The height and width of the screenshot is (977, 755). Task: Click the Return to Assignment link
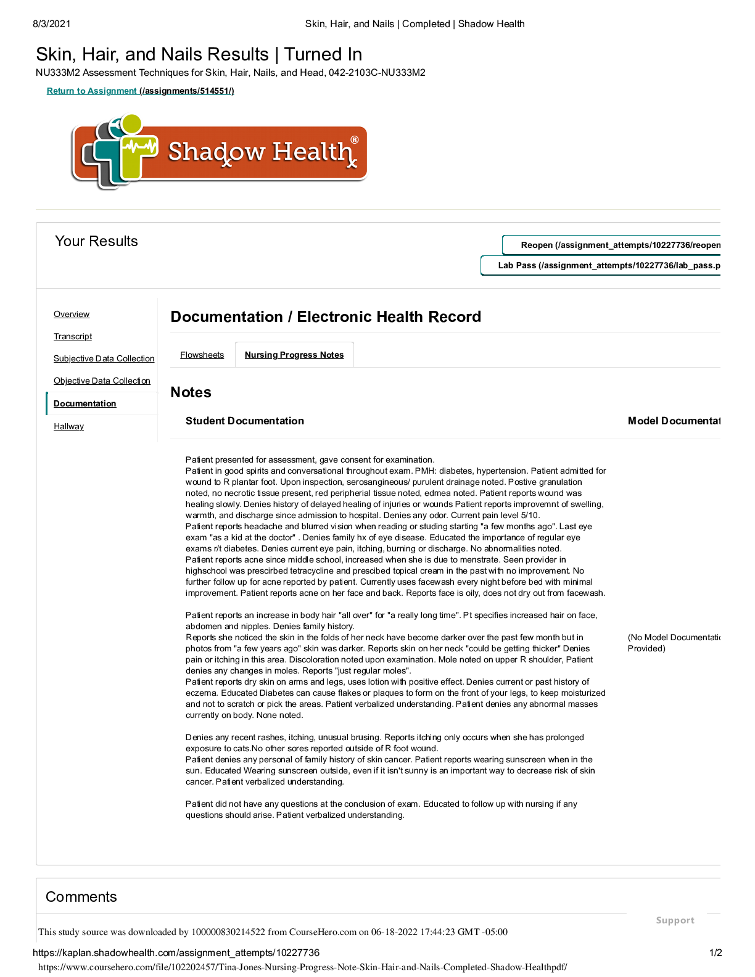[140, 91]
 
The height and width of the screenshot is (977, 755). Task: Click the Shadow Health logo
[219, 152]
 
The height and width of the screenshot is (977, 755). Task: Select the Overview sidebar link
[72, 315]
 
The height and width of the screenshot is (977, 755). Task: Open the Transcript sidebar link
[73, 337]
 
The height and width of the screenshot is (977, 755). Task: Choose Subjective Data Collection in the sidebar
[104, 359]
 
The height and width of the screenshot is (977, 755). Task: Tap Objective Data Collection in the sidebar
[102, 381]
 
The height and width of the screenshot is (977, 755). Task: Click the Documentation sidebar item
[85, 404]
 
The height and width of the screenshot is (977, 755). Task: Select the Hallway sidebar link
[68, 427]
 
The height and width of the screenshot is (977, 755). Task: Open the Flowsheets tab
[202, 355]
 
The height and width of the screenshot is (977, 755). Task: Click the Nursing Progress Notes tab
[294, 355]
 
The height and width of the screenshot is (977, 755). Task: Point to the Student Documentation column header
[244, 421]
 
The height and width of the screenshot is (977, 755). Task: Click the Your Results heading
[96, 242]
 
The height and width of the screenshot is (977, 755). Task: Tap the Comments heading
[81, 897]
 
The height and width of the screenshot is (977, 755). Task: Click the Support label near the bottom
[675, 921]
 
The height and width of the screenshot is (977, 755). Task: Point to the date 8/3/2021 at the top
[52, 24]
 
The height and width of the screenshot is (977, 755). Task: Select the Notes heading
[191, 393]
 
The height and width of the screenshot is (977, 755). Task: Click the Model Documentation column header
[674, 421]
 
